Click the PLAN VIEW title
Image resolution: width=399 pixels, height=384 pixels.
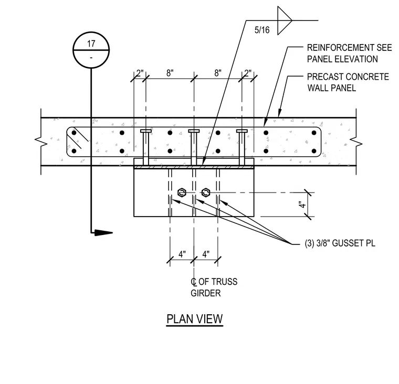pyautogui.click(x=195, y=319)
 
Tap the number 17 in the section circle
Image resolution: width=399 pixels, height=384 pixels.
pyautogui.click(x=91, y=44)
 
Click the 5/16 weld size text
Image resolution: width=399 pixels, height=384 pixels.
pyautogui.click(x=262, y=30)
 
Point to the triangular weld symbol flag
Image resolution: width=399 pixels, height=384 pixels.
pyautogui.click(x=285, y=20)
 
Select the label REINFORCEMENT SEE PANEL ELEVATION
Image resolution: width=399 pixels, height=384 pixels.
pyautogui.click(x=349, y=54)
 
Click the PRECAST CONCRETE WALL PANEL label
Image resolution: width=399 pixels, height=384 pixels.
pyautogui.click(x=348, y=82)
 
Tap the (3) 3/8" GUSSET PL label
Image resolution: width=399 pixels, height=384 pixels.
pyautogui.click(x=340, y=243)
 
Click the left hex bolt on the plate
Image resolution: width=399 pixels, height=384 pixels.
pyautogui.click(x=182, y=193)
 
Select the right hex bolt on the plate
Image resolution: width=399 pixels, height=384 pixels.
pyautogui.click(x=206, y=193)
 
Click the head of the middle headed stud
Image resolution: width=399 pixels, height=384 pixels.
pyautogui.click(x=194, y=131)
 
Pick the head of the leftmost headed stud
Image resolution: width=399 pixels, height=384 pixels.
pyautogui.click(x=146, y=131)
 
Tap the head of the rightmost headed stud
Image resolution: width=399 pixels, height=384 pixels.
pyautogui.click(x=241, y=131)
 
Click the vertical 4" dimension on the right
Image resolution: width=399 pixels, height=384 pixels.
pyautogui.click(x=302, y=205)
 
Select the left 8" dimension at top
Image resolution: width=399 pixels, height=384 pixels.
pyautogui.click(x=170, y=73)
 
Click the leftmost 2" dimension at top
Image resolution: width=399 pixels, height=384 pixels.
pyautogui.click(x=140, y=73)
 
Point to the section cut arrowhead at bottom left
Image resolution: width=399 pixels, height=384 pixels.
pyautogui.click(x=103, y=232)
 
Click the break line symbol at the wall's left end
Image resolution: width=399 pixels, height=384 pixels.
pyautogui.click(x=41, y=142)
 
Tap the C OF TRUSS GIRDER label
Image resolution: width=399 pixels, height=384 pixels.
pyautogui.click(x=214, y=287)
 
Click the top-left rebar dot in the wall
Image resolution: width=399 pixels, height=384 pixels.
pyautogui.click(x=74, y=133)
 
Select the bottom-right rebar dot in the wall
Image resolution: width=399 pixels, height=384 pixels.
pyautogui.click(x=314, y=151)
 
